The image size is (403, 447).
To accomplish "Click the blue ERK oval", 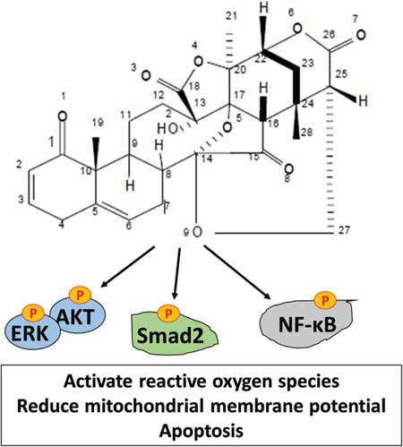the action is tap(31, 332).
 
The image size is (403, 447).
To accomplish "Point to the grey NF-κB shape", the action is tap(307, 325).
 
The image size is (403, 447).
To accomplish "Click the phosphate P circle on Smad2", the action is tap(168, 314).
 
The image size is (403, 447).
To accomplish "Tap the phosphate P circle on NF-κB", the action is tap(326, 299).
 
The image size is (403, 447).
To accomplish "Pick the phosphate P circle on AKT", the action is tap(80, 296).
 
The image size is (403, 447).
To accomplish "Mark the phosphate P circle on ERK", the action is tap(33, 313).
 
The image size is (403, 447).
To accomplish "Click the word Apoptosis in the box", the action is tap(201, 431).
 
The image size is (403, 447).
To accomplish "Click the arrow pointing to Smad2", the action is tap(177, 273).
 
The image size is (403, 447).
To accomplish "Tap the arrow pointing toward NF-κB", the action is tap(237, 272).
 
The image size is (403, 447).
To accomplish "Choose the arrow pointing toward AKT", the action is tap(128, 267).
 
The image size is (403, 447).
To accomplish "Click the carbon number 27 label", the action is tap(344, 230).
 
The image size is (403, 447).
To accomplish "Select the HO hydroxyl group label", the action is tap(167, 129).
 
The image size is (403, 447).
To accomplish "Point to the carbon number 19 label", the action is tap(98, 122).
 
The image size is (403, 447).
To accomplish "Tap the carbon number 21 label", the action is tap(231, 15).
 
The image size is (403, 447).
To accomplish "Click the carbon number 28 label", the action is tap(306, 132).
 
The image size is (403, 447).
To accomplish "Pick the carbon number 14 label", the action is tap(207, 159).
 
